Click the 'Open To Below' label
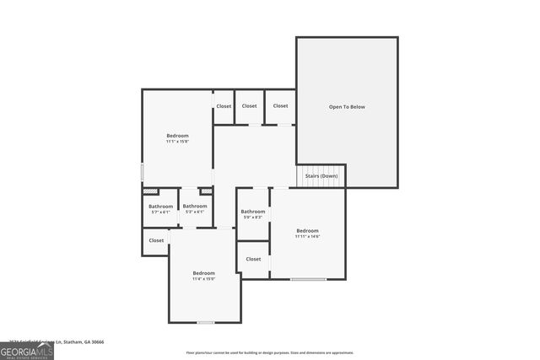[346, 107]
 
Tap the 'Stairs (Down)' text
[321, 175]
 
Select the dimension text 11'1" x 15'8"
[177, 142]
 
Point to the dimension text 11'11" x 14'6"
[307, 237]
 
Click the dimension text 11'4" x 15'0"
[203, 279]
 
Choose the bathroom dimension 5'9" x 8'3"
[253, 218]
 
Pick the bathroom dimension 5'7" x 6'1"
[160, 212]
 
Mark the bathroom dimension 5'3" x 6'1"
[195, 212]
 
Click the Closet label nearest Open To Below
[280, 106]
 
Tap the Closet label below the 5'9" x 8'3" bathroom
[253, 260]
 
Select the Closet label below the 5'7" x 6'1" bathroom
[156, 240]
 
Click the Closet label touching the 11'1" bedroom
[224, 106]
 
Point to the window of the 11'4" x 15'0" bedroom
[205, 322]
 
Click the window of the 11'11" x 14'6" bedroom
[308, 279]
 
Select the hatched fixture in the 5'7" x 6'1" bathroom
[152, 192]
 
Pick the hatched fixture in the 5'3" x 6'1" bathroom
[205, 192]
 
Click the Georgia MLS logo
[27, 350]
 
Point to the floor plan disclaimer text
[269, 352]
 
